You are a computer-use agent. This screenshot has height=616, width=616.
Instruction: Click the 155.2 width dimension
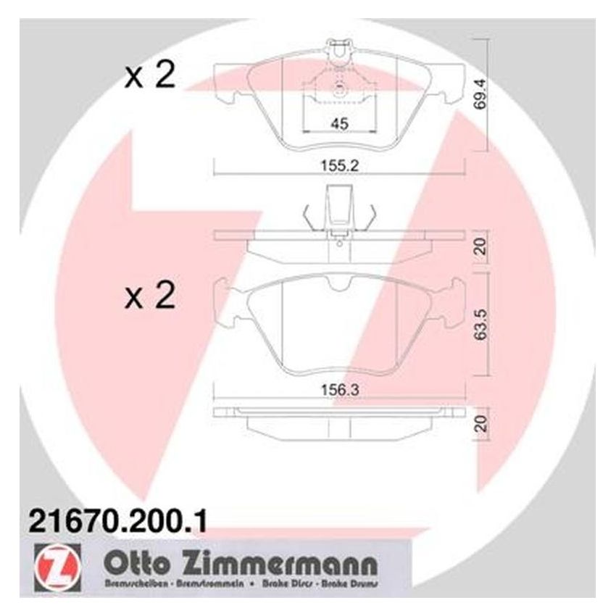[x=338, y=165]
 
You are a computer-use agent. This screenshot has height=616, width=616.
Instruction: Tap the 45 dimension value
[x=338, y=124]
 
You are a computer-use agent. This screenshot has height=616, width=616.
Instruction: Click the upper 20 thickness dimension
[x=477, y=246]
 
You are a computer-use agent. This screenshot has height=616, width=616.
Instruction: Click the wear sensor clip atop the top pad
[x=338, y=52]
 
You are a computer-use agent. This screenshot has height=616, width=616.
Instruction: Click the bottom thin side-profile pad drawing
[x=338, y=420]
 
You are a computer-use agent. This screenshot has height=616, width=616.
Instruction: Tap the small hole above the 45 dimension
[x=338, y=90]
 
